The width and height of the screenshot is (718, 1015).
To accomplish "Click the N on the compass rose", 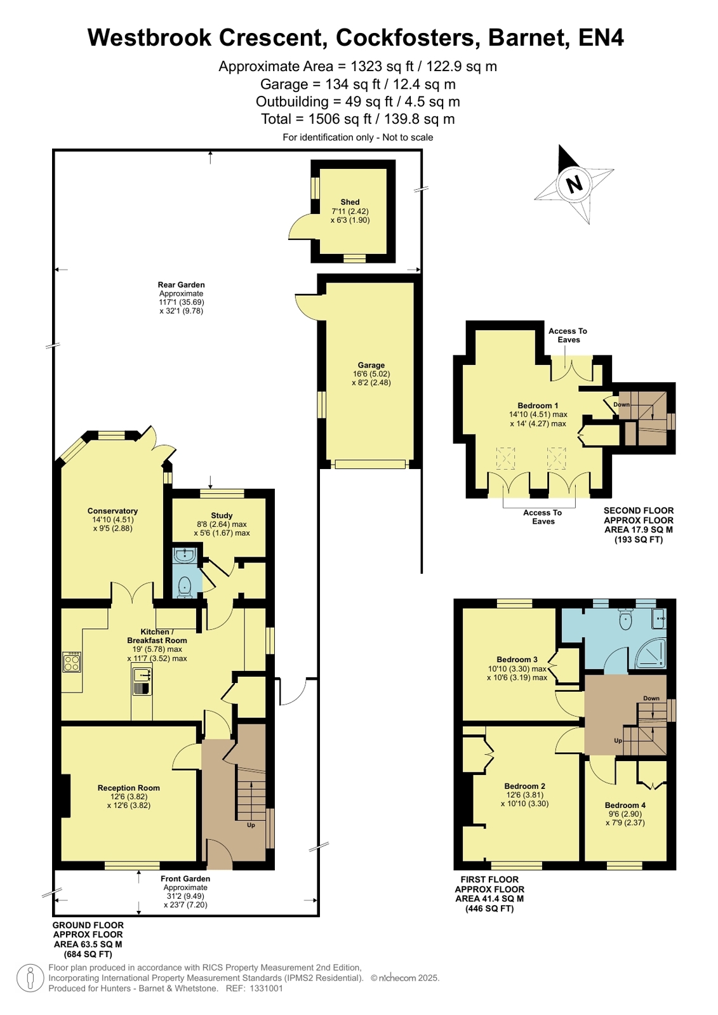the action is point(575,185).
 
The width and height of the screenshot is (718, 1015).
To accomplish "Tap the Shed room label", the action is point(350,202).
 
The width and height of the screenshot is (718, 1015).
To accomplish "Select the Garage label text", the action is point(371,365).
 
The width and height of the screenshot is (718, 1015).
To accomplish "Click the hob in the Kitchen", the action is point(72,663).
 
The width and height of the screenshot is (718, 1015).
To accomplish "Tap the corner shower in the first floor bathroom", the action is point(651,653).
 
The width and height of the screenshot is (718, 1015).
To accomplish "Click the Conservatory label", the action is point(112,510).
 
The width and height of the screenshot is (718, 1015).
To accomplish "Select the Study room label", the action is point(222,515).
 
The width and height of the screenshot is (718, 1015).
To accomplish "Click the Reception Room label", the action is point(129,788).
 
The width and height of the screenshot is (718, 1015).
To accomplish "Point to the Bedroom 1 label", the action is point(538,406).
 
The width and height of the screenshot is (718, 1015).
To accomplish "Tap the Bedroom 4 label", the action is point(625,805).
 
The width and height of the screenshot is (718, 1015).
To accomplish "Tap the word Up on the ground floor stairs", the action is point(251,825).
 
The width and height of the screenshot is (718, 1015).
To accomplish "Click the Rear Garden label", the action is point(182,284).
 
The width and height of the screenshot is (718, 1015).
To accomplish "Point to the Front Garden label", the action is point(185,879).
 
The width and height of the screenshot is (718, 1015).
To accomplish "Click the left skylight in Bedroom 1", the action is point(506,458).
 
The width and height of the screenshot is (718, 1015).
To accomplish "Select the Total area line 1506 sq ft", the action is point(357,119).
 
